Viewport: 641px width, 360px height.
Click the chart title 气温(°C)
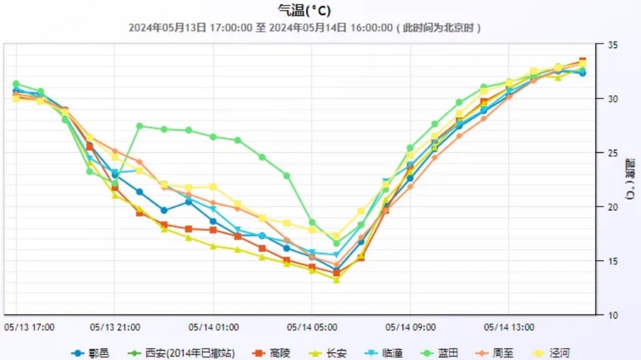[x=304, y=10]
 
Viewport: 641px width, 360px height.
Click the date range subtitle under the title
[x=305, y=28]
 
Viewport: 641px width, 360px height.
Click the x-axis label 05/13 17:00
[x=29, y=327]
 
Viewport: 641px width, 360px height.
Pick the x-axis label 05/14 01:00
[x=213, y=327]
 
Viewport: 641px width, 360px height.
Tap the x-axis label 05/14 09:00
[x=410, y=327]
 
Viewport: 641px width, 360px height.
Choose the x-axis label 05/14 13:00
[x=509, y=327]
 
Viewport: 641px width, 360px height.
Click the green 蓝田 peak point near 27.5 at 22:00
[x=140, y=126]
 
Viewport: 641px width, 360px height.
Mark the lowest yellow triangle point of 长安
[x=336, y=280]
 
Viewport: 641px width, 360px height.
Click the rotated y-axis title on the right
[x=630, y=180]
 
